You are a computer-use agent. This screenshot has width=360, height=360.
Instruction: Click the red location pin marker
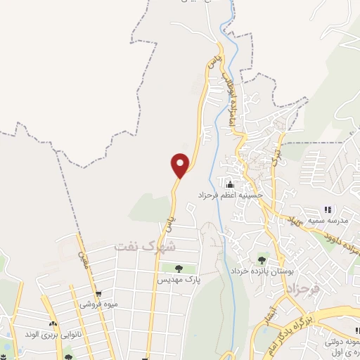(181, 165)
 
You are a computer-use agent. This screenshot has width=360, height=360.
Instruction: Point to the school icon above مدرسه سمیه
(328, 210)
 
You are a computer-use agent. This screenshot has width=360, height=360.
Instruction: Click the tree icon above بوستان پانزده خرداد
(262, 260)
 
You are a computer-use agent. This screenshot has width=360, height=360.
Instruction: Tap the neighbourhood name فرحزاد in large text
(303, 289)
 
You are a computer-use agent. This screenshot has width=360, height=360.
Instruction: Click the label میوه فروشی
(98, 304)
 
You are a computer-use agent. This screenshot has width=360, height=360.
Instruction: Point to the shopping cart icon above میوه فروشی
(98, 294)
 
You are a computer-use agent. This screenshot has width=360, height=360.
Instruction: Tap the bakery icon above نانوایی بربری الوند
(52, 323)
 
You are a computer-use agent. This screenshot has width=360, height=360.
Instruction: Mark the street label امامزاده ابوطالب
(227, 99)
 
